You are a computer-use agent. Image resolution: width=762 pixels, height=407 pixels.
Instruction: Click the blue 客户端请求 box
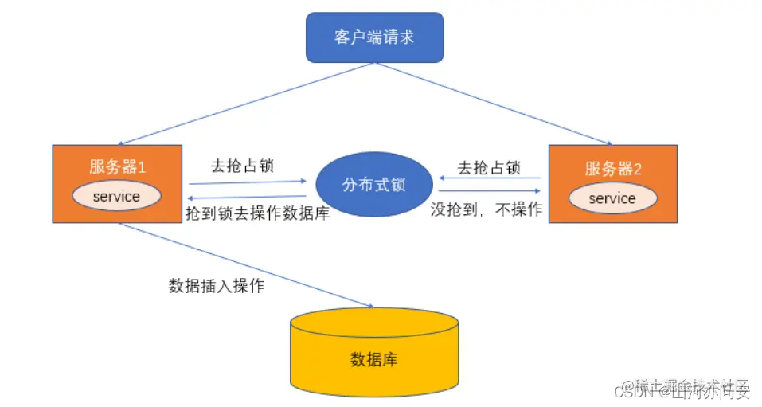click(x=374, y=37)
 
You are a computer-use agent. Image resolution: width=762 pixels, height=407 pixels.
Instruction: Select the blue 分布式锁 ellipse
click(x=373, y=185)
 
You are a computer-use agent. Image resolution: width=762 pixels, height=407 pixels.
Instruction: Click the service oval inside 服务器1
click(x=116, y=196)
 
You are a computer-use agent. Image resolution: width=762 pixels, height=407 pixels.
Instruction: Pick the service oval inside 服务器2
click(x=612, y=198)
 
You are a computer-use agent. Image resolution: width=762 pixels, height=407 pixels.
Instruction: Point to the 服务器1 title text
click(x=117, y=167)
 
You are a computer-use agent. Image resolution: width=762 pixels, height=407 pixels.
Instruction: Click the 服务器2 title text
click(x=612, y=168)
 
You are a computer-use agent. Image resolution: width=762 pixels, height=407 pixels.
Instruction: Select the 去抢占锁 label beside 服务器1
click(x=242, y=166)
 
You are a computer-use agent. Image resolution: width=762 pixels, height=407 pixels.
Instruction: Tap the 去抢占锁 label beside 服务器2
click(x=489, y=168)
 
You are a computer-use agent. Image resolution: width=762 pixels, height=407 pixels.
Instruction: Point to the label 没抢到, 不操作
click(x=487, y=209)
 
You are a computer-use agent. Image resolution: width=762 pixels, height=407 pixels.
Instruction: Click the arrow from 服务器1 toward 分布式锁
click(x=247, y=182)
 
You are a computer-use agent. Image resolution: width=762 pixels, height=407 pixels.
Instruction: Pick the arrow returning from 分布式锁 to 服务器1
click(x=247, y=197)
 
